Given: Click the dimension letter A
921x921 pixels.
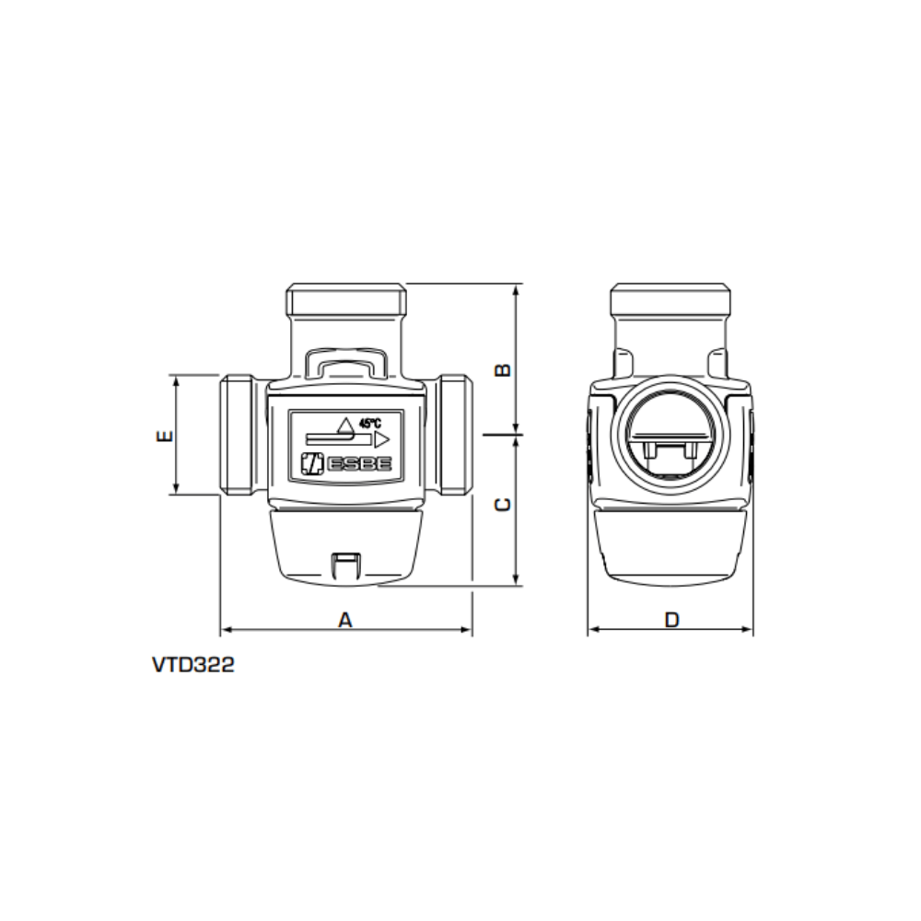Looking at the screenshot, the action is [x=345, y=620].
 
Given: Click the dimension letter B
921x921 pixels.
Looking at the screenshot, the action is [x=504, y=370].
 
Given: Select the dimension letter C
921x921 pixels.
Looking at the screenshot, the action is [x=504, y=505].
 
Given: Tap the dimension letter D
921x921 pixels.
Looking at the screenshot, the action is [x=671, y=620].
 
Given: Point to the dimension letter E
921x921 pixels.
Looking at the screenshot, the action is [x=165, y=436].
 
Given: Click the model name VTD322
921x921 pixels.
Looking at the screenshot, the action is [x=193, y=665].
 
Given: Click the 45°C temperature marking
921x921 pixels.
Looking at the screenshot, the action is [x=370, y=423].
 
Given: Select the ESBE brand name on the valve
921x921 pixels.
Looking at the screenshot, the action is [x=359, y=464].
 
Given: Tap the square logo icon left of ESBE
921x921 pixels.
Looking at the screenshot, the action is [x=312, y=463].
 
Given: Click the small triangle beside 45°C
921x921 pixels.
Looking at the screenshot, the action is [x=346, y=425].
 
